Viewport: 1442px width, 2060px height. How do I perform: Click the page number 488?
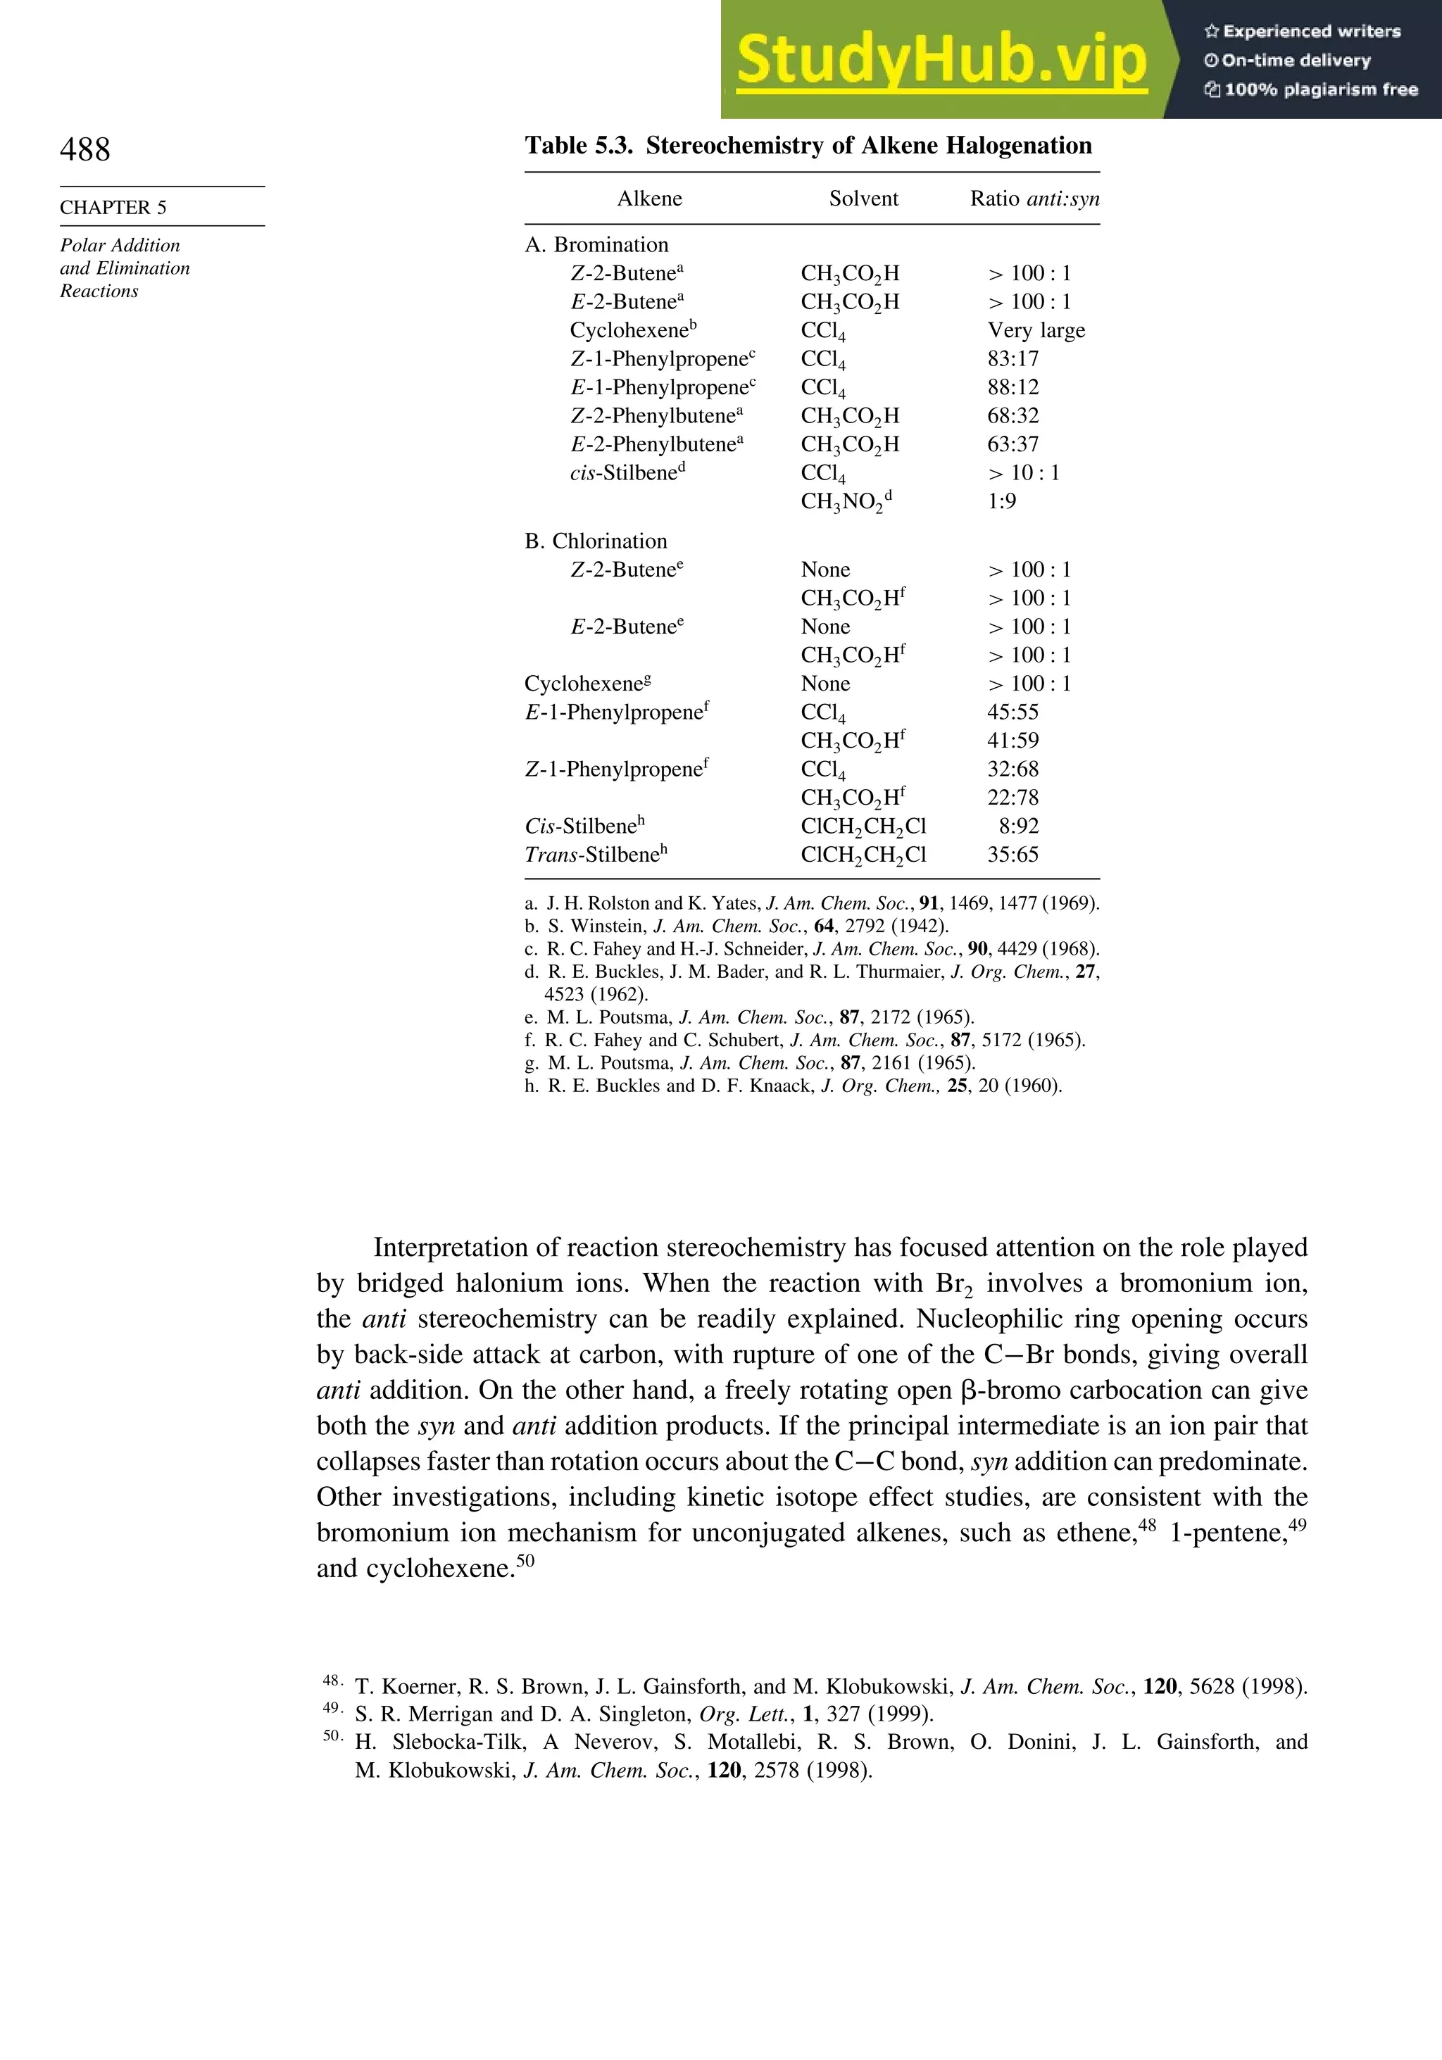point(85,150)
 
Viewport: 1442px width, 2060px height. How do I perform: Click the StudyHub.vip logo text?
point(941,59)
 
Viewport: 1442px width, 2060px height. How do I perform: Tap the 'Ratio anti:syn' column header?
point(1034,199)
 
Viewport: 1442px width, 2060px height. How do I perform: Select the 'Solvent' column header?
point(863,199)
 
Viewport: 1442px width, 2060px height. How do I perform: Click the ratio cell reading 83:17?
point(1012,359)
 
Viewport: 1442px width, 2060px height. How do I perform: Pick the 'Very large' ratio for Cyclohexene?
point(1036,330)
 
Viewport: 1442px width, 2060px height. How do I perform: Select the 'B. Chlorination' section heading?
point(596,541)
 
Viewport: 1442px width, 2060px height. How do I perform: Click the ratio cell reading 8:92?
point(1017,827)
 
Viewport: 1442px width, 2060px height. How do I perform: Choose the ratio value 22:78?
point(1012,798)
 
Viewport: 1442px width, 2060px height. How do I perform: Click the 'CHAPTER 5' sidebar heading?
point(113,207)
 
